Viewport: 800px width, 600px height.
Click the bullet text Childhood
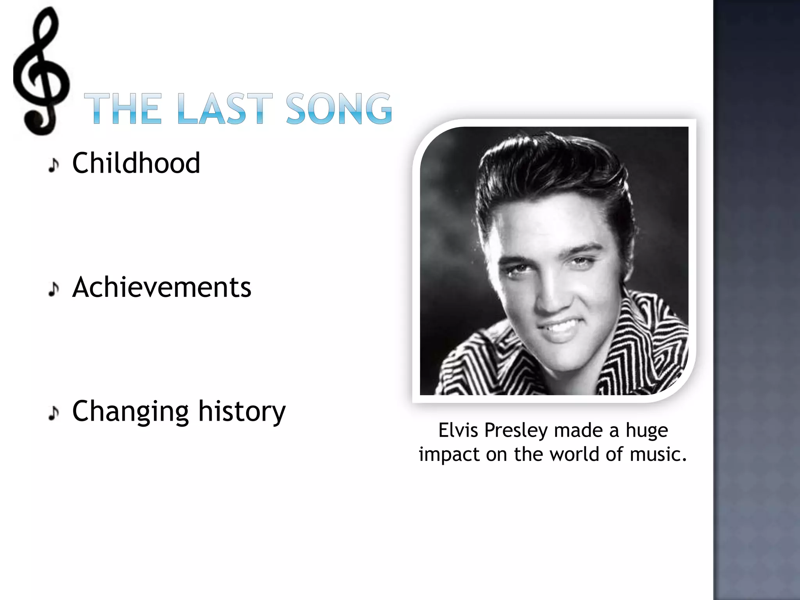click(136, 163)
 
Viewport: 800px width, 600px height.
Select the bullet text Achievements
click(162, 287)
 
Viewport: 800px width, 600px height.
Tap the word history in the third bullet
click(242, 411)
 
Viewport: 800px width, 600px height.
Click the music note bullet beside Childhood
click(54, 165)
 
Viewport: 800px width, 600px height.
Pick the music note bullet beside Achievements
click(54, 289)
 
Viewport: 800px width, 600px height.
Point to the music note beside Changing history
click(54, 413)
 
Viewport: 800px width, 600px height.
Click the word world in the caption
click(574, 454)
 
